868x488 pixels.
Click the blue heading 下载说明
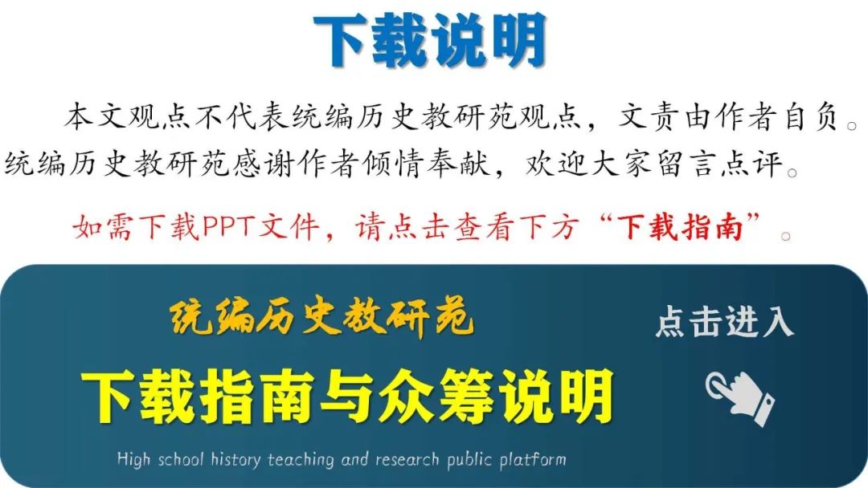[430, 41]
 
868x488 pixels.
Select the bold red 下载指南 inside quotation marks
[681, 227]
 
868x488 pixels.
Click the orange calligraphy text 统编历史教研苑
[321, 317]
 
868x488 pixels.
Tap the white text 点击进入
[725, 322]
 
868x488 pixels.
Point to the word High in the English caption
[133, 459]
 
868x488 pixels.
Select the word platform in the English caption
[533, 459]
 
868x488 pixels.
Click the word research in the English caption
[407, 460]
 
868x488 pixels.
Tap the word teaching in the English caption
[301, 460]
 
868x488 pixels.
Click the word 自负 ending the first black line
[812, 117]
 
